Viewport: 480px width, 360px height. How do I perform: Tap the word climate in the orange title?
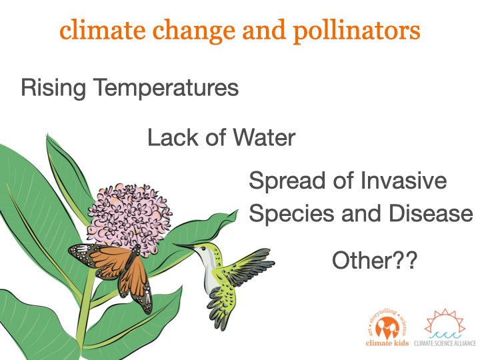103,30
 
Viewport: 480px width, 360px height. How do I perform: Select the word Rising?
53,88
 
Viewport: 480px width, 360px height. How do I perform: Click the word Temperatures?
166,88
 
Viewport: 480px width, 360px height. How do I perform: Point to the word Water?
265,137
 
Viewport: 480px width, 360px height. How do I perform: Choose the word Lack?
173,137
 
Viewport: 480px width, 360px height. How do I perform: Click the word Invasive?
404,181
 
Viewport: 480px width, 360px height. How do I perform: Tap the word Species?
291,215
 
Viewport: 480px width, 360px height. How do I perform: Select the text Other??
375,260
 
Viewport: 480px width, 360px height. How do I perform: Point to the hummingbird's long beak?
184,246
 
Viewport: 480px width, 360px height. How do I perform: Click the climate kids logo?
387,327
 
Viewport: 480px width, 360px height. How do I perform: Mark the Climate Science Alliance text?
445,343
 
